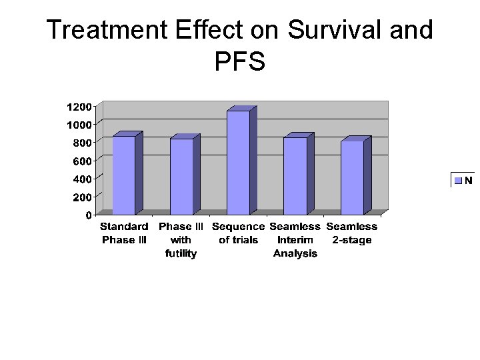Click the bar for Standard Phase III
124,175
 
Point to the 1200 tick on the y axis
79,107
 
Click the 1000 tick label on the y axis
79,125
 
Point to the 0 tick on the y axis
89,215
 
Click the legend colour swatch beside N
459,180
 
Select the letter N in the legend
469,180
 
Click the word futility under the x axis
181,253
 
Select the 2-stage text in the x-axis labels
352,240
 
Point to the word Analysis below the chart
295,253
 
